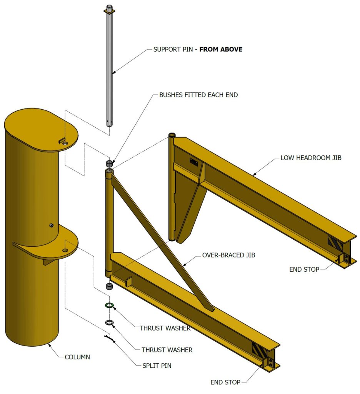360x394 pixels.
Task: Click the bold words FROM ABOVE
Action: [221, 49]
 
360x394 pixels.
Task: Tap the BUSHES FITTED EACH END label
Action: [198, 95]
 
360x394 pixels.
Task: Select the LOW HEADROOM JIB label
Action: [311, 158]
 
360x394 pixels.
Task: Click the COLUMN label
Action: [77, 357]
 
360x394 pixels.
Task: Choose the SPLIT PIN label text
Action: [157, 366]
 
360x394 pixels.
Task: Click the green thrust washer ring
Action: [109, 306]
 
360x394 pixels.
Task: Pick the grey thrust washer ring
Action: [109, 322]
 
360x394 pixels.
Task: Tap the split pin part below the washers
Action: [109, 339]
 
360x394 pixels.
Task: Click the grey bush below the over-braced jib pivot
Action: [109, 286]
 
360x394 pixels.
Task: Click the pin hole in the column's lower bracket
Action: [65, 250]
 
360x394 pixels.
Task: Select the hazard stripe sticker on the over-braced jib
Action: [258, 350]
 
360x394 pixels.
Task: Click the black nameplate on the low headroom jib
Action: [193, 163]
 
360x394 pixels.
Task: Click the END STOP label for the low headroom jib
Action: [304, 270]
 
